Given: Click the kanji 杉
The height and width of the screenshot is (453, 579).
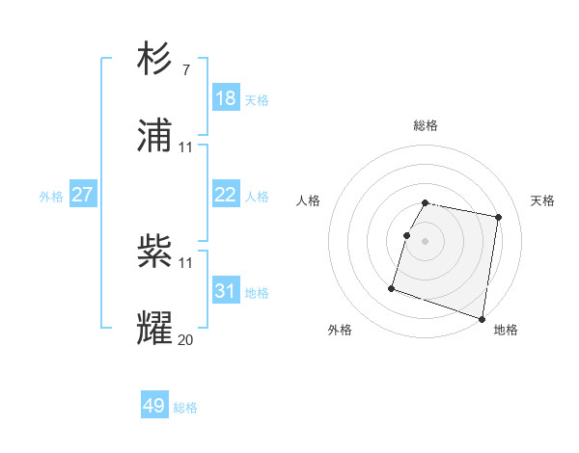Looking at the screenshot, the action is (x=155, y=60).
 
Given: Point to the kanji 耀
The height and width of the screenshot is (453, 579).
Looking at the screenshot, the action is (x=155, y=328).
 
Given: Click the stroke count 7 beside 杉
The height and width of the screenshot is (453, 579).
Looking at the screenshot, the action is (x=185, y=70).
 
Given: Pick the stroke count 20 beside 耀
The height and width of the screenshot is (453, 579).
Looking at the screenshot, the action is (x=186, y=338).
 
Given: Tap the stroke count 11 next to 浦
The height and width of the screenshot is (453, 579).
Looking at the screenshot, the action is (x=186, y=147).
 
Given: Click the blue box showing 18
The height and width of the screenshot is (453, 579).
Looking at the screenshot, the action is (x=226, y=97).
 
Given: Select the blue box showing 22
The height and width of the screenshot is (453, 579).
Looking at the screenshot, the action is (x=226, y=195).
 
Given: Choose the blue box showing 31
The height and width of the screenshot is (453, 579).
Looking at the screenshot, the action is (x=226, y=290).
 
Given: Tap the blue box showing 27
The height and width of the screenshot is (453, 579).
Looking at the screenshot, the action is (x=83, y=195).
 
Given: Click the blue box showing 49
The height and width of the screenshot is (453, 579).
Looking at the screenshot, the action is (x=154, y=406).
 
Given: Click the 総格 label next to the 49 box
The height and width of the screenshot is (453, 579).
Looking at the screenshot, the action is (x=185, y=408).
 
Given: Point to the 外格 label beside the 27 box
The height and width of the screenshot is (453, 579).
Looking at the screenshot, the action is (x=51, y=197).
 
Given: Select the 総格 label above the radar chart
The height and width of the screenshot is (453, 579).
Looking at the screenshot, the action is (x=426, y=125).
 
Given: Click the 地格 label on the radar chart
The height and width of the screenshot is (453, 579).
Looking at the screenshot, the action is (x=506, y=330).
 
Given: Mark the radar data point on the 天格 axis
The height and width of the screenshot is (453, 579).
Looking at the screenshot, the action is (x=499, y=217).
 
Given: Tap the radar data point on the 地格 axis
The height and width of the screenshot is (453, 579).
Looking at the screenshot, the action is (x=482, y=318).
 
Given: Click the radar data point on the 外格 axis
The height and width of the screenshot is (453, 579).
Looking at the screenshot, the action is (x=392, y=287).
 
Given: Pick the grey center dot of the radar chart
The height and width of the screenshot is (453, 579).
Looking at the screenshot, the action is (x=426, y=241).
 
